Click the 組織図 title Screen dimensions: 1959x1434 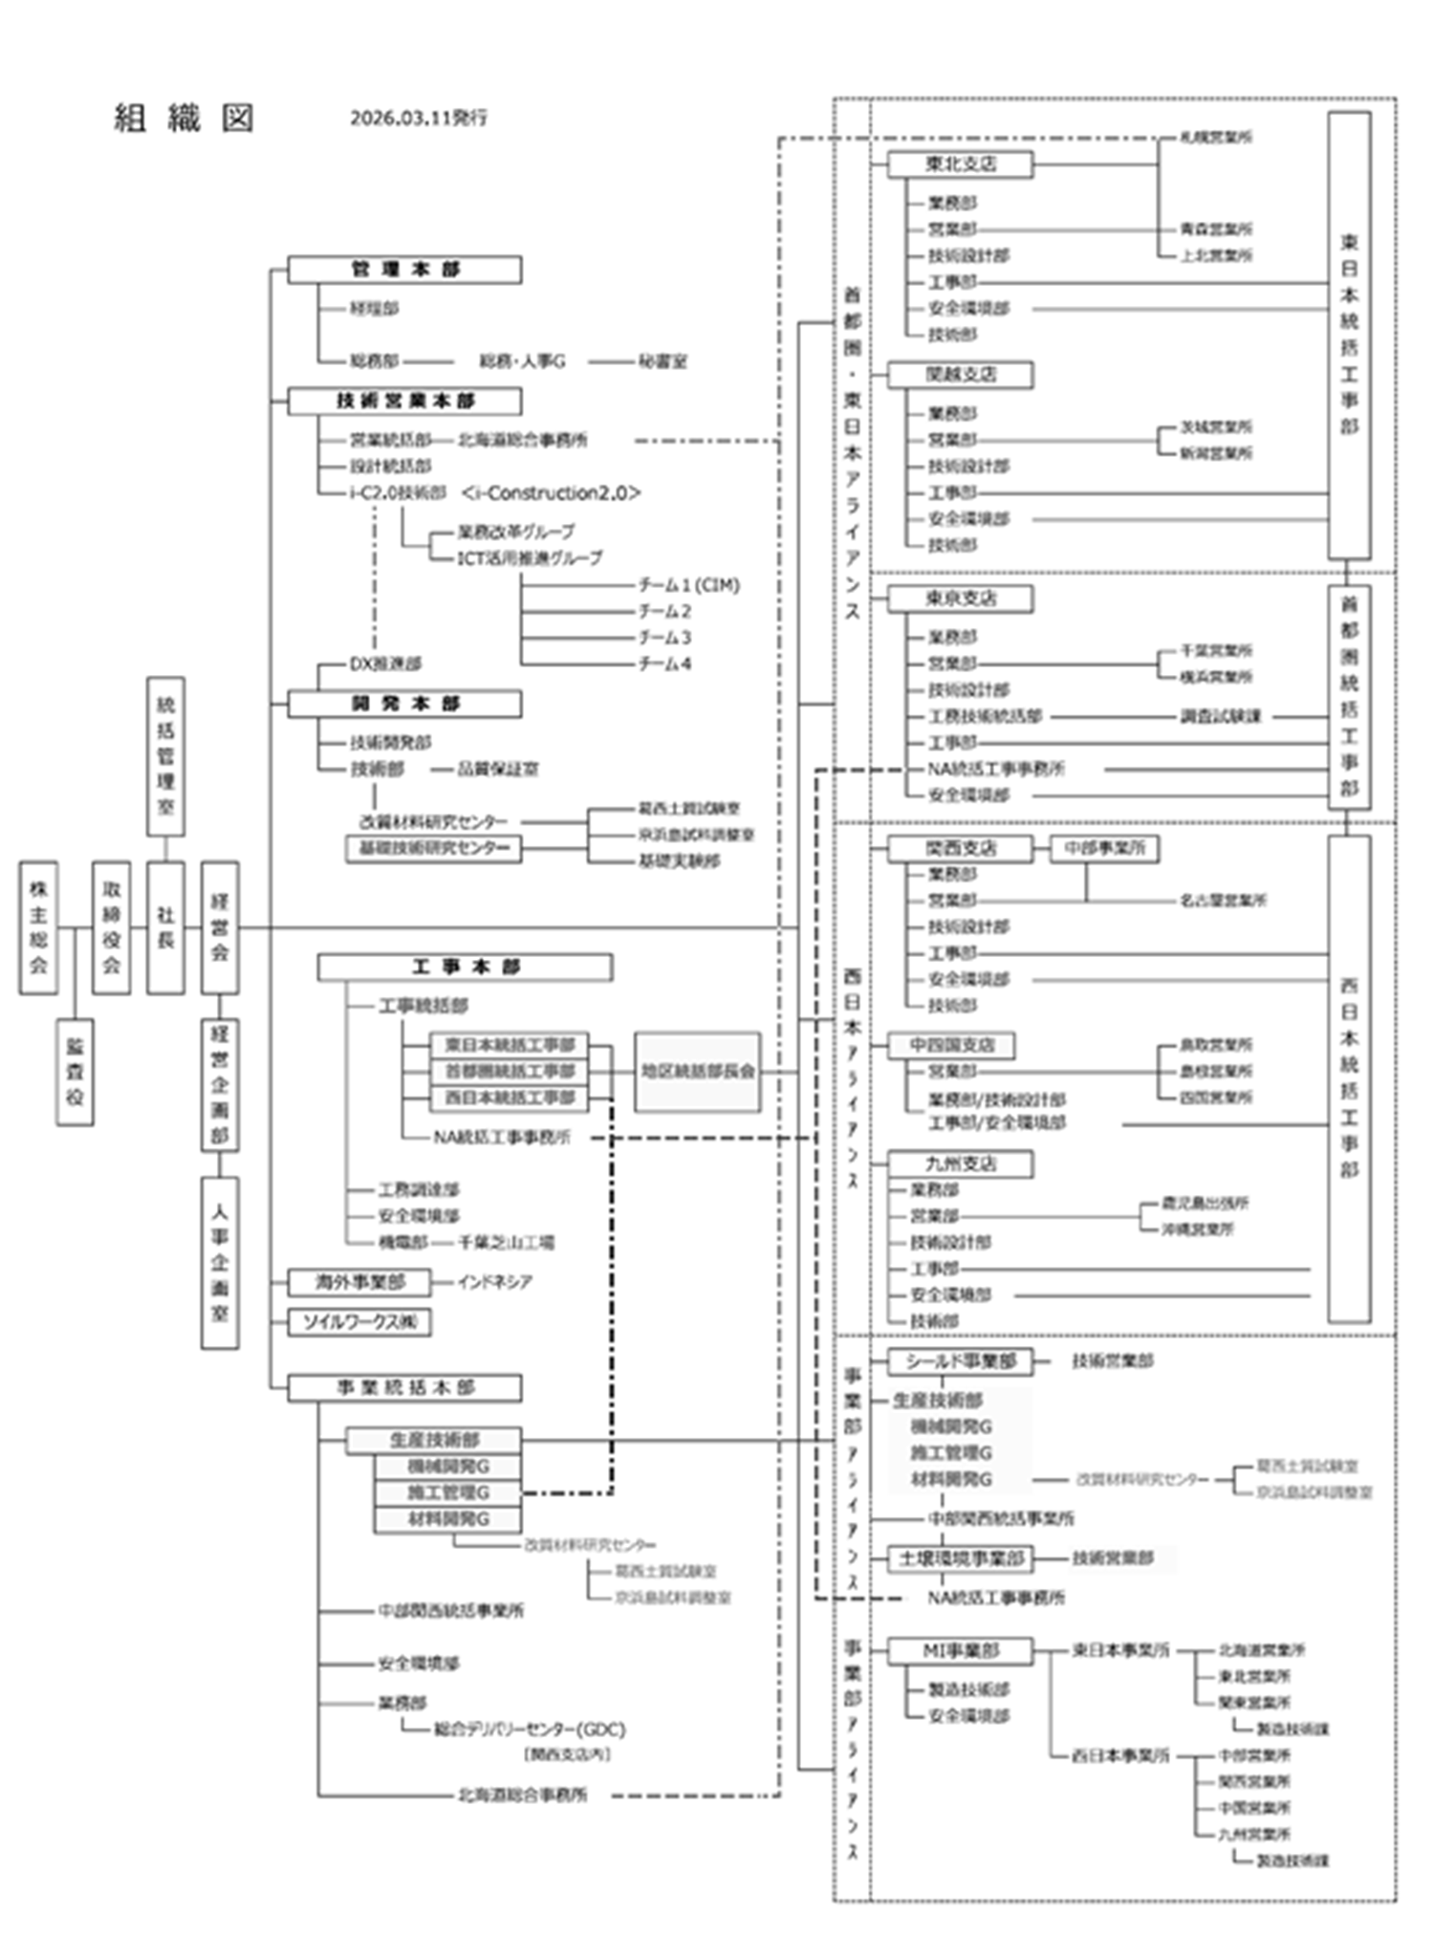tap(184, 119)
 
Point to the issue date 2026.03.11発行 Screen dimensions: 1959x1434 tap(419, 119)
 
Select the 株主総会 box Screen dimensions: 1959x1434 tap(38, 926)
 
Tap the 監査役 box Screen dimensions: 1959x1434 tap(75, 1071)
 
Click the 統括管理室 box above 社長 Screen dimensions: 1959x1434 tap(165, 756)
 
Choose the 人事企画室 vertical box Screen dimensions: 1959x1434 tap(220, 1262)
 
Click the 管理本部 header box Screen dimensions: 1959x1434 tap(404, 270)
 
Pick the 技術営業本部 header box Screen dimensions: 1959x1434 tap(404, 401)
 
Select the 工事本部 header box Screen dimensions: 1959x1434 tap(465, 968)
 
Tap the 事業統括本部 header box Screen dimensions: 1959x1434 tap(404, 1387)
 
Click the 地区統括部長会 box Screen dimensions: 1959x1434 tap(698, 1071)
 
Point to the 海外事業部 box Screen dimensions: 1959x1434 tap(359, 1281)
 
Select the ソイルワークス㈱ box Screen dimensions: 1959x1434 tap(359, 1322)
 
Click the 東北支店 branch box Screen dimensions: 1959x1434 tap(960, 164)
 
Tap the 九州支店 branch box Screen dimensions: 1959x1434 tap(960, 1164)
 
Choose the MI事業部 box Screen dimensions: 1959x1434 tap(960, 1650)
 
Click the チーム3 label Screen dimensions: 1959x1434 tap(664, 638)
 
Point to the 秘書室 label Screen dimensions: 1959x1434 tap(663, 361)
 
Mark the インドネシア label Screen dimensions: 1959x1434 tap(494, 1281)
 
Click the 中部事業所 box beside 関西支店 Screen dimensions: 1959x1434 tap(1104, 848)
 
